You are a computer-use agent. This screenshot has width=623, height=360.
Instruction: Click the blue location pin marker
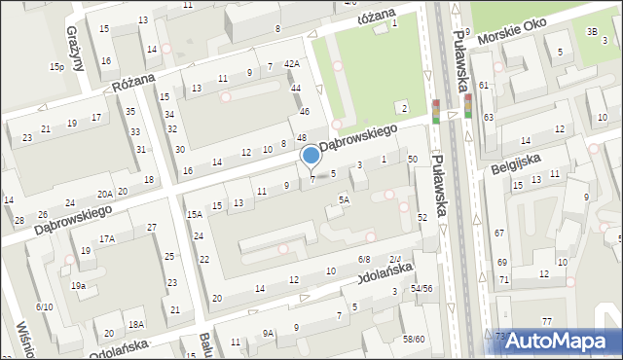tap(311, 156)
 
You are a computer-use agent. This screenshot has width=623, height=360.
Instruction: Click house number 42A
tap(291, 64)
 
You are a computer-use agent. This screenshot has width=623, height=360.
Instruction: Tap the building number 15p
tap(57, 66)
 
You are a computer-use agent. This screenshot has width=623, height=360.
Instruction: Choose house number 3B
tap(592, 32)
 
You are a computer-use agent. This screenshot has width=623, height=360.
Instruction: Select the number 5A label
tap(344, 199)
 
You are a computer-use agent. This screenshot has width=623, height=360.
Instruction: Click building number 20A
tap(105, 194)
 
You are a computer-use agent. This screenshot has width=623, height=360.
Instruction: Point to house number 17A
tap(106, 238)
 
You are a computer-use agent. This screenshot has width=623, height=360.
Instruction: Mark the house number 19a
tap(78, 285)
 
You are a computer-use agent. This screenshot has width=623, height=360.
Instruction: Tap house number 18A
tap(136, 324)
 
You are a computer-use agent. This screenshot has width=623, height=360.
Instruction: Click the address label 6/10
tap(44, 306)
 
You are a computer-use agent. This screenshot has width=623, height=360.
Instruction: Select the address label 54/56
tap(421, 288)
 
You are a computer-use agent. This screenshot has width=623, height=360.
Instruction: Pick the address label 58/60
tap(414, 339)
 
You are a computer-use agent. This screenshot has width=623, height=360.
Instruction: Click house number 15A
tap(195, 214)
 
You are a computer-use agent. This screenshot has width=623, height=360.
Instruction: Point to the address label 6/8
tap(364, 259)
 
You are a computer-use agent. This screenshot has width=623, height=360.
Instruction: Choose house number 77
tap(547, 321)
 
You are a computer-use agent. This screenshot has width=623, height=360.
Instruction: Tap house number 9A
tap(268, 333)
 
